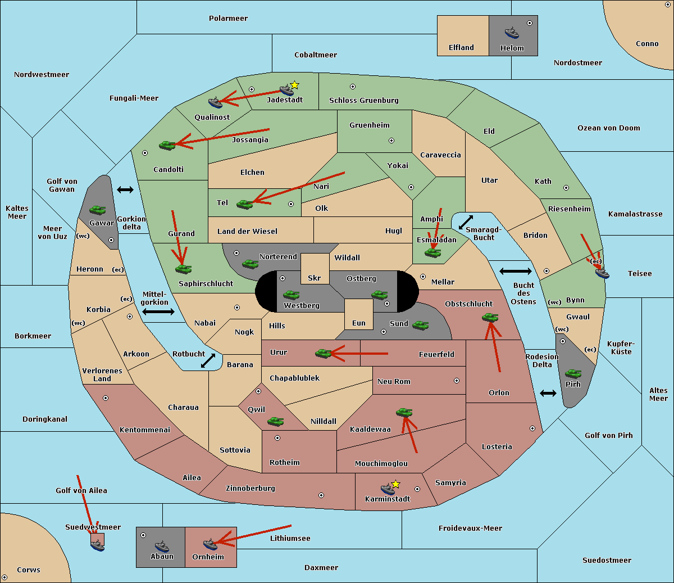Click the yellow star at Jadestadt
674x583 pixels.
coord(295,85)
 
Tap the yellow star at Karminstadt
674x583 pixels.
coord(395,484)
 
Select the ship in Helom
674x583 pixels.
coord(511,32)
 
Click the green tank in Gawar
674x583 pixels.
coord(97,210)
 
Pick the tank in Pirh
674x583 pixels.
coord(573,374)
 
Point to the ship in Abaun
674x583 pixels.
coord(162,546)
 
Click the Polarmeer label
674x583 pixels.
coord(228,19)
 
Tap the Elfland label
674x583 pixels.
coord(461,48)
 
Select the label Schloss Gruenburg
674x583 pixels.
coord(363,101)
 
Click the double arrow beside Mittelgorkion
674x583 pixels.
coord(158,312)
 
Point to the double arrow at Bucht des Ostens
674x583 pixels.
coord(515,272)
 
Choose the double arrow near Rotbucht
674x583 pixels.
coord(208,361)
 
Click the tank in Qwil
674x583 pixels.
coord(275,421)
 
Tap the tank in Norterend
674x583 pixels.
coord(250,264)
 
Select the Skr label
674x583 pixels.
coord(315,278)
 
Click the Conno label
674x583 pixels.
coord(647,44)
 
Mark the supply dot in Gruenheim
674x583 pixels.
coord(391,141)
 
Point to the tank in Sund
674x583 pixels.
coord(420,325)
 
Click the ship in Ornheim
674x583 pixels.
coord(210,544)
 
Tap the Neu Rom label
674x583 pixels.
coord(394,382)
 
